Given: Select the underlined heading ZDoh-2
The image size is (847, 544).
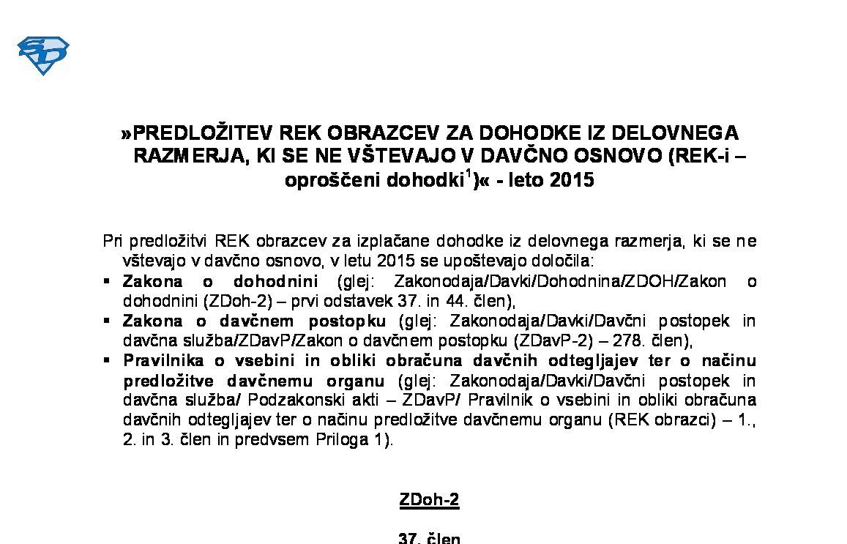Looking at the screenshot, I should click(429, 500).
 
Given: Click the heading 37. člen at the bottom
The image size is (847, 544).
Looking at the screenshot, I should click(429, 537).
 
